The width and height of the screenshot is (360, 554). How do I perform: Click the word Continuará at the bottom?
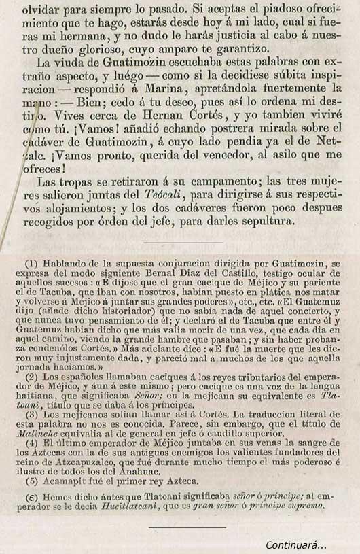tap(295, 544)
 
